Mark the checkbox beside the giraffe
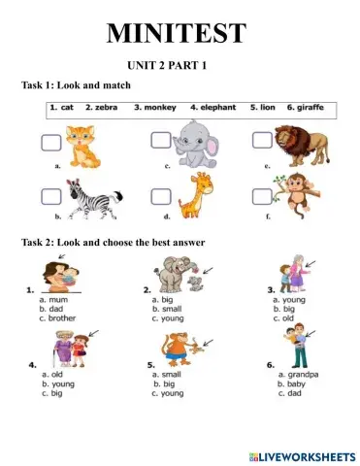[x=161, y=196]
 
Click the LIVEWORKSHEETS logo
[x=302, y=455]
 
